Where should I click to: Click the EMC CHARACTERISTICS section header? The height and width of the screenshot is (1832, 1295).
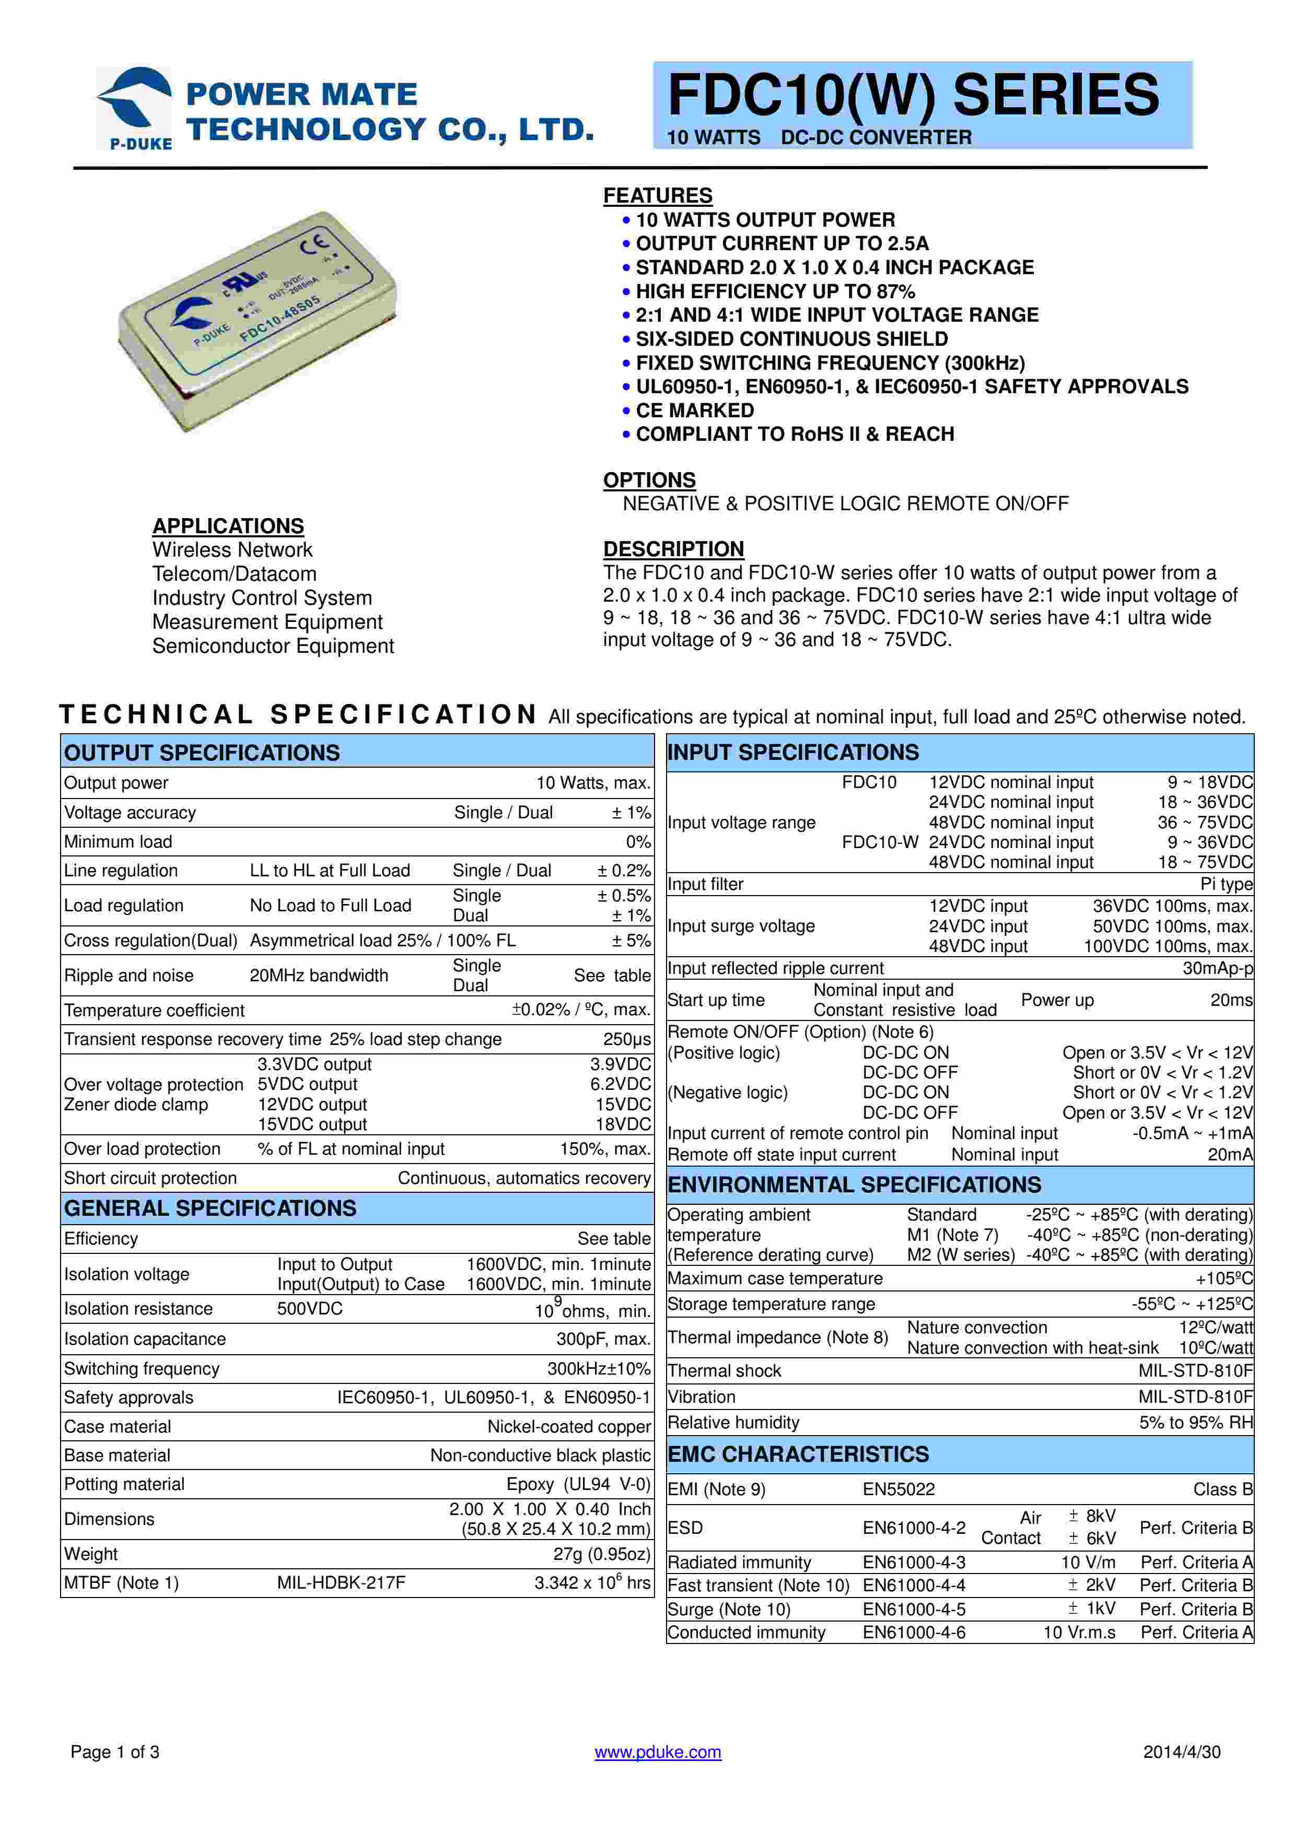pyautogui.click(x=798, y=1454)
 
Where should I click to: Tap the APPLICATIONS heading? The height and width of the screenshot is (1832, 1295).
pyautogui.click(x=228, y=526)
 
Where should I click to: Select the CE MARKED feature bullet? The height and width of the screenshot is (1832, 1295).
pyautogui.click(x=694, y=410)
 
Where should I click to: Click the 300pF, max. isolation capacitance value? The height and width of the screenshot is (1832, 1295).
pyautogui.click(x=603, y=1339)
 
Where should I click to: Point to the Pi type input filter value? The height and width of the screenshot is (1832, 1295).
pyautogui.click(x=1227, y=884)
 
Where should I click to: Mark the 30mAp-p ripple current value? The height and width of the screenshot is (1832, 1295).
pyautogui.click(x=1218, y=968)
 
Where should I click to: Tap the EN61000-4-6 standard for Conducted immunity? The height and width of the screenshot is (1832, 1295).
pyautogui.click(x=914, y=1633)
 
